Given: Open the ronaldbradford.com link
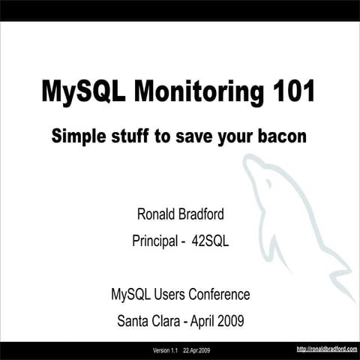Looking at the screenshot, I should (x=326, y=349).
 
